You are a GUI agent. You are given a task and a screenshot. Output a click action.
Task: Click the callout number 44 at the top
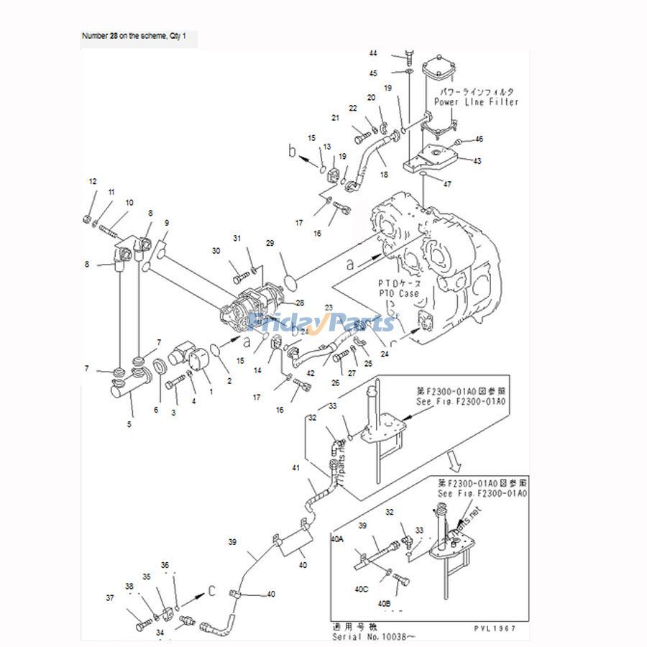(x=373, y=54)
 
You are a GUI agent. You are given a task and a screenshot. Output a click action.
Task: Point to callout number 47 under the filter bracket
(x=447, y=184)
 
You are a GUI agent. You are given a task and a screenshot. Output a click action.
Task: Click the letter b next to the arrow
(x=292, y=152)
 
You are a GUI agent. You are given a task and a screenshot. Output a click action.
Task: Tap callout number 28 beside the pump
(x=300, y=303)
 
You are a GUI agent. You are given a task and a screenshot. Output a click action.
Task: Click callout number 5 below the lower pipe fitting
(x=129, y=424)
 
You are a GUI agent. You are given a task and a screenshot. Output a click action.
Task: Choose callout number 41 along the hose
(x=295, y=468)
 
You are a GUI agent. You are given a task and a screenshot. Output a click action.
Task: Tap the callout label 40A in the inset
(x=336, y=537)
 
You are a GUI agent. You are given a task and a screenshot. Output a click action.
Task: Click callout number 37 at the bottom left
(x=109, y=597)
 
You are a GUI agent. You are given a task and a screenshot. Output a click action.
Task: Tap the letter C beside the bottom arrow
(x=211, y=591)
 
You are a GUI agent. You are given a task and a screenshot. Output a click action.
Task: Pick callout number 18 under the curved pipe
(x=383, y=175)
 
